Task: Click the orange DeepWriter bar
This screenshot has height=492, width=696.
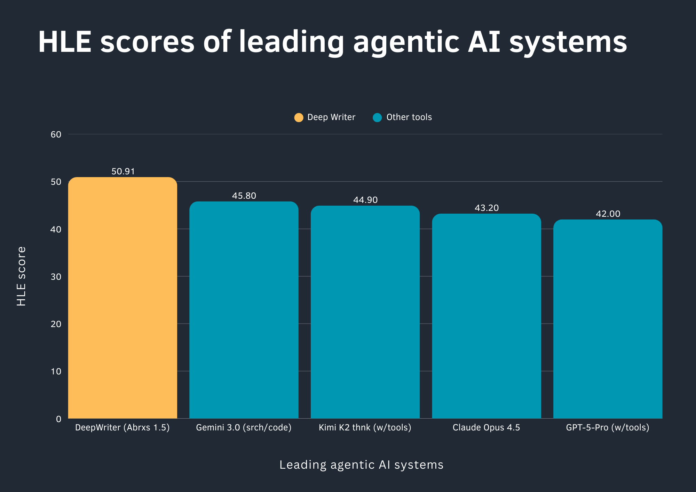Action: pos(122,298)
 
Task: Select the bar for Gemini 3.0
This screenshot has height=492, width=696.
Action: pos(244,310)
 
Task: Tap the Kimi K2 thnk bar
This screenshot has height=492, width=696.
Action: pos(365,312)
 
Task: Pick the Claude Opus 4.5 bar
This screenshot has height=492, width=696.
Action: pos(487,316)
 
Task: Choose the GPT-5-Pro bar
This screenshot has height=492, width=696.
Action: pos(608,319)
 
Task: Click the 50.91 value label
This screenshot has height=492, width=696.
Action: pos(123,172)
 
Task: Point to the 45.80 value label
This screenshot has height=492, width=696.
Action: pos(244,196)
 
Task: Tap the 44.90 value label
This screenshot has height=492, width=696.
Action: pos(365,200)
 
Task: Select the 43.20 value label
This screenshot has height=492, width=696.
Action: pos(487,208)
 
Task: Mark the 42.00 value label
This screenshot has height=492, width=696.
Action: pos(608,214)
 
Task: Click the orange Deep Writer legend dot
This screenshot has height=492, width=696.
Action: pos(299,118)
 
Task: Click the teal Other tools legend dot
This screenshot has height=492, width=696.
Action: pos(377,118)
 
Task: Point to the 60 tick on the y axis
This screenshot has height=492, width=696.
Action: pos(56,135)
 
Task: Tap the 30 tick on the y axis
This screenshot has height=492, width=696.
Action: pos(56,277)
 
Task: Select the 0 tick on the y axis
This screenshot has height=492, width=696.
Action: pos(58,419)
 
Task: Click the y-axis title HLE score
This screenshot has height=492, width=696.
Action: pos(22,276)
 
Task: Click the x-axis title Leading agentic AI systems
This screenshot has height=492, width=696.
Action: pos(361,465)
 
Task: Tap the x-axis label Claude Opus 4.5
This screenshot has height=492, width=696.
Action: pos(486,428)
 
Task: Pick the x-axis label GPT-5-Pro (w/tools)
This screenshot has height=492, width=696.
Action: pos(608,428)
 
